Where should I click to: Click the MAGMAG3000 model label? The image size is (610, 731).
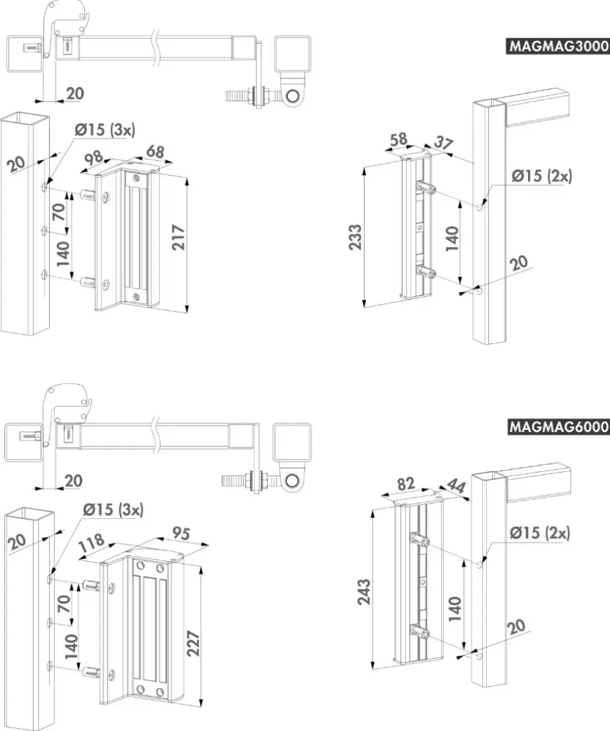(558, 46)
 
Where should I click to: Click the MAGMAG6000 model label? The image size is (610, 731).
(558, 427)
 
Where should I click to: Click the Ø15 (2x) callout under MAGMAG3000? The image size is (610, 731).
(540, 176)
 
